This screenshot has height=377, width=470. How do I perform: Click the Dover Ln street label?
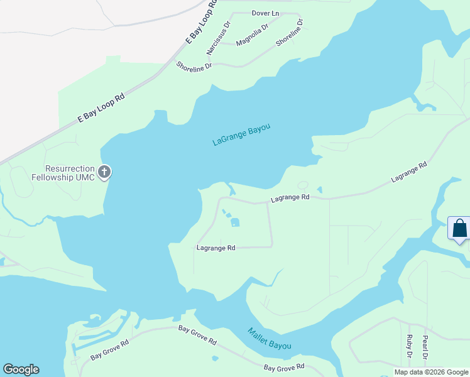pos(265,13)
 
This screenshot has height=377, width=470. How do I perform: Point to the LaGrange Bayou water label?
pos(241,135)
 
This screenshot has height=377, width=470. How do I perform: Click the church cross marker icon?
pos(104,171)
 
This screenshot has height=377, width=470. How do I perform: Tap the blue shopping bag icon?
pos(459,228)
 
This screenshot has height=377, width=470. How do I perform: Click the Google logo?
pos(21,369)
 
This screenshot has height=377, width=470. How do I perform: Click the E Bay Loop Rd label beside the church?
pos(101,107)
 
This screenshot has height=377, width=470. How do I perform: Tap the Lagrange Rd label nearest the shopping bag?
pos(408,172)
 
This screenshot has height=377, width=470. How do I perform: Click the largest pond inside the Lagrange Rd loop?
pos(235,222)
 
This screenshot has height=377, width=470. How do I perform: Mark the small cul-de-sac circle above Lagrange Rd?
pos(303,185)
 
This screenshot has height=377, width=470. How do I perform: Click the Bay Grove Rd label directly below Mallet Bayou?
pos(284,366)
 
